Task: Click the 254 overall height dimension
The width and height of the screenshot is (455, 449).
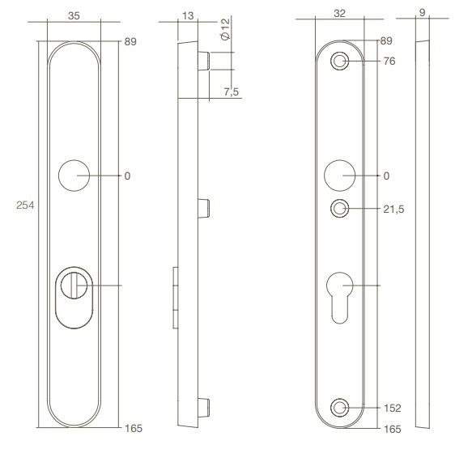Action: (x=25, y=206)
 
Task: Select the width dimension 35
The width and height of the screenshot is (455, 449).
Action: (x=74, y=14)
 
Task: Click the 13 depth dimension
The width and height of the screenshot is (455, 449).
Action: (x=188, y=14)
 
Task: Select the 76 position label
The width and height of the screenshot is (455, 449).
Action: (x=391, y=61)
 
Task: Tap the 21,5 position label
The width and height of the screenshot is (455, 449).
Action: (x=394, y=209)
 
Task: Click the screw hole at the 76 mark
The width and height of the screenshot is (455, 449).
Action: (x=341, y=61)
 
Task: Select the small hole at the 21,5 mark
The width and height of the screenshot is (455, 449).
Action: (x=341, y=209)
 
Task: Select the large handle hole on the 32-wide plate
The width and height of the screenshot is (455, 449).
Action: (x=341, y=175)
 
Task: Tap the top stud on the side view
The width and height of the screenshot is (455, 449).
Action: (x=206, y=61)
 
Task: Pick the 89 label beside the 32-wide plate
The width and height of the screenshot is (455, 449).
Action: (x=385, y=40)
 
